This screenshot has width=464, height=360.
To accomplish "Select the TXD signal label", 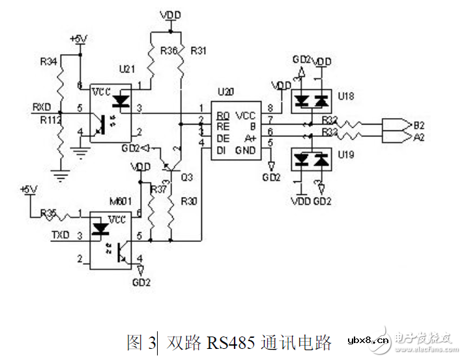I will click(x=61, y=234).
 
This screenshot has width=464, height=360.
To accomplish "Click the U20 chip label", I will click(x=226, y=92).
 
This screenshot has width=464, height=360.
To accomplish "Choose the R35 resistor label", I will click(x=50, y=213).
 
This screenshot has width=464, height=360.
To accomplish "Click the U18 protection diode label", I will click(x=347, y=96).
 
